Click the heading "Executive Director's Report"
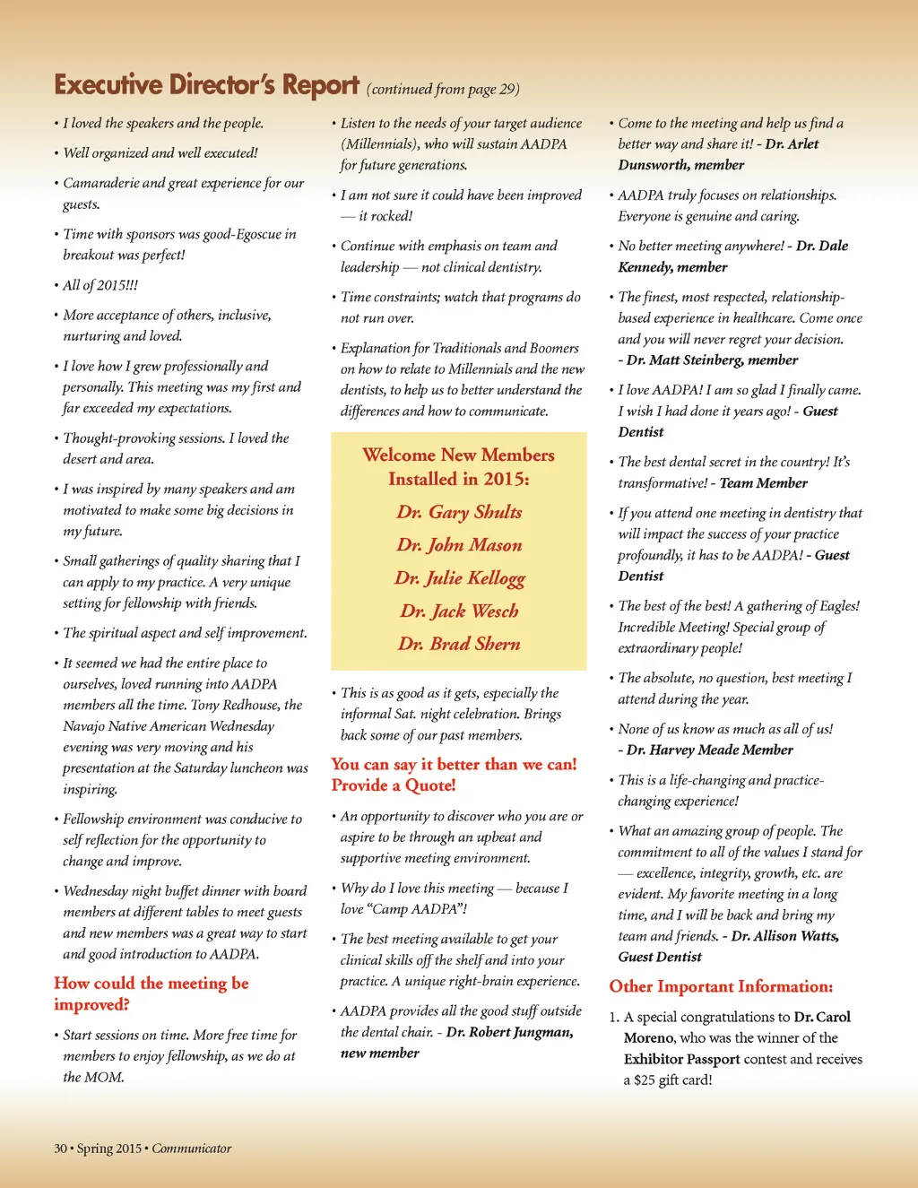[x=206, y=84]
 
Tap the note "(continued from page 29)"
[x=443, y=89]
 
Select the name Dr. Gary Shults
[x=459, y=512]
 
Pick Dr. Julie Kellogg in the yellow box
[x=459, y=578]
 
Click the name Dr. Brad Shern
[x=459, y=644]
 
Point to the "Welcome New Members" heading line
[x=458, y=455]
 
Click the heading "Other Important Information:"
[x=721, y=986]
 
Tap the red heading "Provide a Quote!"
[x=394, y=785]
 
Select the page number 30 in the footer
[x=60, y=1149]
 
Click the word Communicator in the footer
[x=191, y=1149]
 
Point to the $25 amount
[x=644, y=1080]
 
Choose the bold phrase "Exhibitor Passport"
[x=681, y=1059]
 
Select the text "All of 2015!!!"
[x=100, y=285]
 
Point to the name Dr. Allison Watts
[x=785, y=936]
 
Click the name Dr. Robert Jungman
[x=509, y=1032]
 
